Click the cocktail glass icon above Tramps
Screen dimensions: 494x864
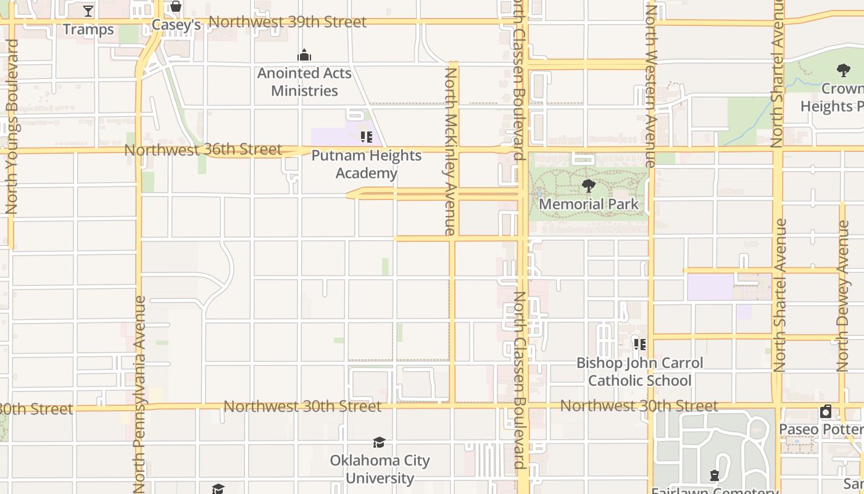tap(88, 11)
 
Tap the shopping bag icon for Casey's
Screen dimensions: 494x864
tap(176, 7)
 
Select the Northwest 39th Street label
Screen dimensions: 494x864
tap(288, 22)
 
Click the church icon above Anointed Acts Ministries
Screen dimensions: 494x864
tap(304, 56)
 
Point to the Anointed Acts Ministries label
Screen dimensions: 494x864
tap(304, 82)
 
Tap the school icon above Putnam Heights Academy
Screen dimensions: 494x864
tap(366, 137)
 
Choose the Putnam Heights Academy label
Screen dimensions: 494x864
tap(367, 164)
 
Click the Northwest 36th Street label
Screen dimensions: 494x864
tap(203, 150)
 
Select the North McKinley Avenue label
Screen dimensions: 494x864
tap(451, 151)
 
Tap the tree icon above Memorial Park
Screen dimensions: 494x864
tap(588, 186)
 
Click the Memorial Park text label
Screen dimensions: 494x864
tap(589, 204)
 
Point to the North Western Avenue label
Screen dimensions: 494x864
tap(650, 86)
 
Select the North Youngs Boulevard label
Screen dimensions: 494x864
tap(11, 127)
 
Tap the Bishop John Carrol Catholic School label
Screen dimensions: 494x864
tap(639, 372)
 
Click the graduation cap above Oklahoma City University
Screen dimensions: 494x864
tap(379, 443)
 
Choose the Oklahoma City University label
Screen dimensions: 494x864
tap(380, 469)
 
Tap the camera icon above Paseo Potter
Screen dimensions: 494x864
tap(826, 411)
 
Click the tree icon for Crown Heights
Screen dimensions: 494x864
tap(843, 70)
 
